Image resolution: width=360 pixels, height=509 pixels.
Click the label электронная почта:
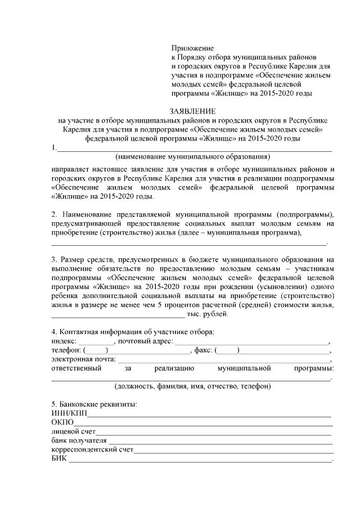coord(83,359)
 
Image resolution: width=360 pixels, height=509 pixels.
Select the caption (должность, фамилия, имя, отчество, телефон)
coord(192,387)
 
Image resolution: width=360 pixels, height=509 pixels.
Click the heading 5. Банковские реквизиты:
coord(94,405)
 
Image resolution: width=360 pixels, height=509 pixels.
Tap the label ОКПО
coord(62,423)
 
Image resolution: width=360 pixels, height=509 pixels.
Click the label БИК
coord(58,459)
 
